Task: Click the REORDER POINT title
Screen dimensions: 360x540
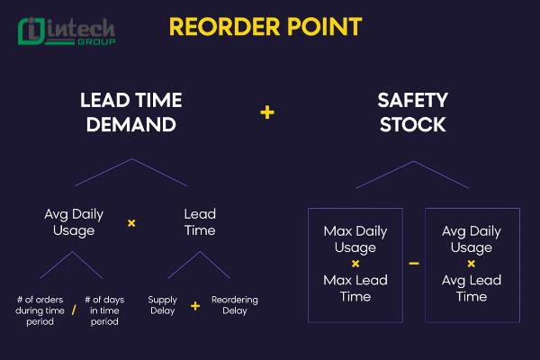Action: pos(265,27)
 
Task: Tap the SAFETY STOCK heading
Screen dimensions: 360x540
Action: pos(412,112)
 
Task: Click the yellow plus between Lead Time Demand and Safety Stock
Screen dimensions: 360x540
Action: pos(266,112)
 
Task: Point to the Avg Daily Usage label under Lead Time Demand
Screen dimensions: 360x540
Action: pos(74,222)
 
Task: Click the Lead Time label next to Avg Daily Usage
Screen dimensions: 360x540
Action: pos(200,222)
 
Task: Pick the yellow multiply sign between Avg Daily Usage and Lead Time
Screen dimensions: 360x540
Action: pos(131,222)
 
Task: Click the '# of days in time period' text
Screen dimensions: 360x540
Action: pos(104,310)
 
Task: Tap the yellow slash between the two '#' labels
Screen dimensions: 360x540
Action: pos(73,310)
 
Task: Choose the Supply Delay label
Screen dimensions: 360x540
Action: pos(163,306)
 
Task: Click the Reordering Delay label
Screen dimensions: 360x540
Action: pos(234,306)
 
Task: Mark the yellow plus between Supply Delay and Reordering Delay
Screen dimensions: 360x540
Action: pos(195,306)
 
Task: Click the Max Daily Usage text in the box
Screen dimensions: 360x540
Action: pos(355,239)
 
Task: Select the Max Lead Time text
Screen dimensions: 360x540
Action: pos(355,288)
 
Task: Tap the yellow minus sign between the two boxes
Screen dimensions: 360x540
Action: pos(413,264)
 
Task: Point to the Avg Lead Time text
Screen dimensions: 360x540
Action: pos(471,288)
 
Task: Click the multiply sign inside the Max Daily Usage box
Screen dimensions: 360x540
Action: pos(355,264)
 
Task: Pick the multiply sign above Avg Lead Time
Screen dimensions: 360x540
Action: pos(471,264)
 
